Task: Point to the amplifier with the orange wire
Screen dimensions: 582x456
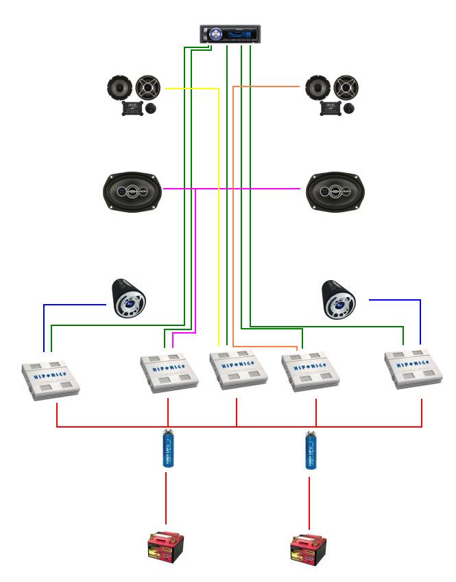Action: [308, 371]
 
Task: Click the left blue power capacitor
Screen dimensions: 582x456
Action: [167, 450]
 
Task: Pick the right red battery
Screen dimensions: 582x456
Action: [309, 550]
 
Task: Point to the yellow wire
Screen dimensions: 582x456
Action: [218, 206]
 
